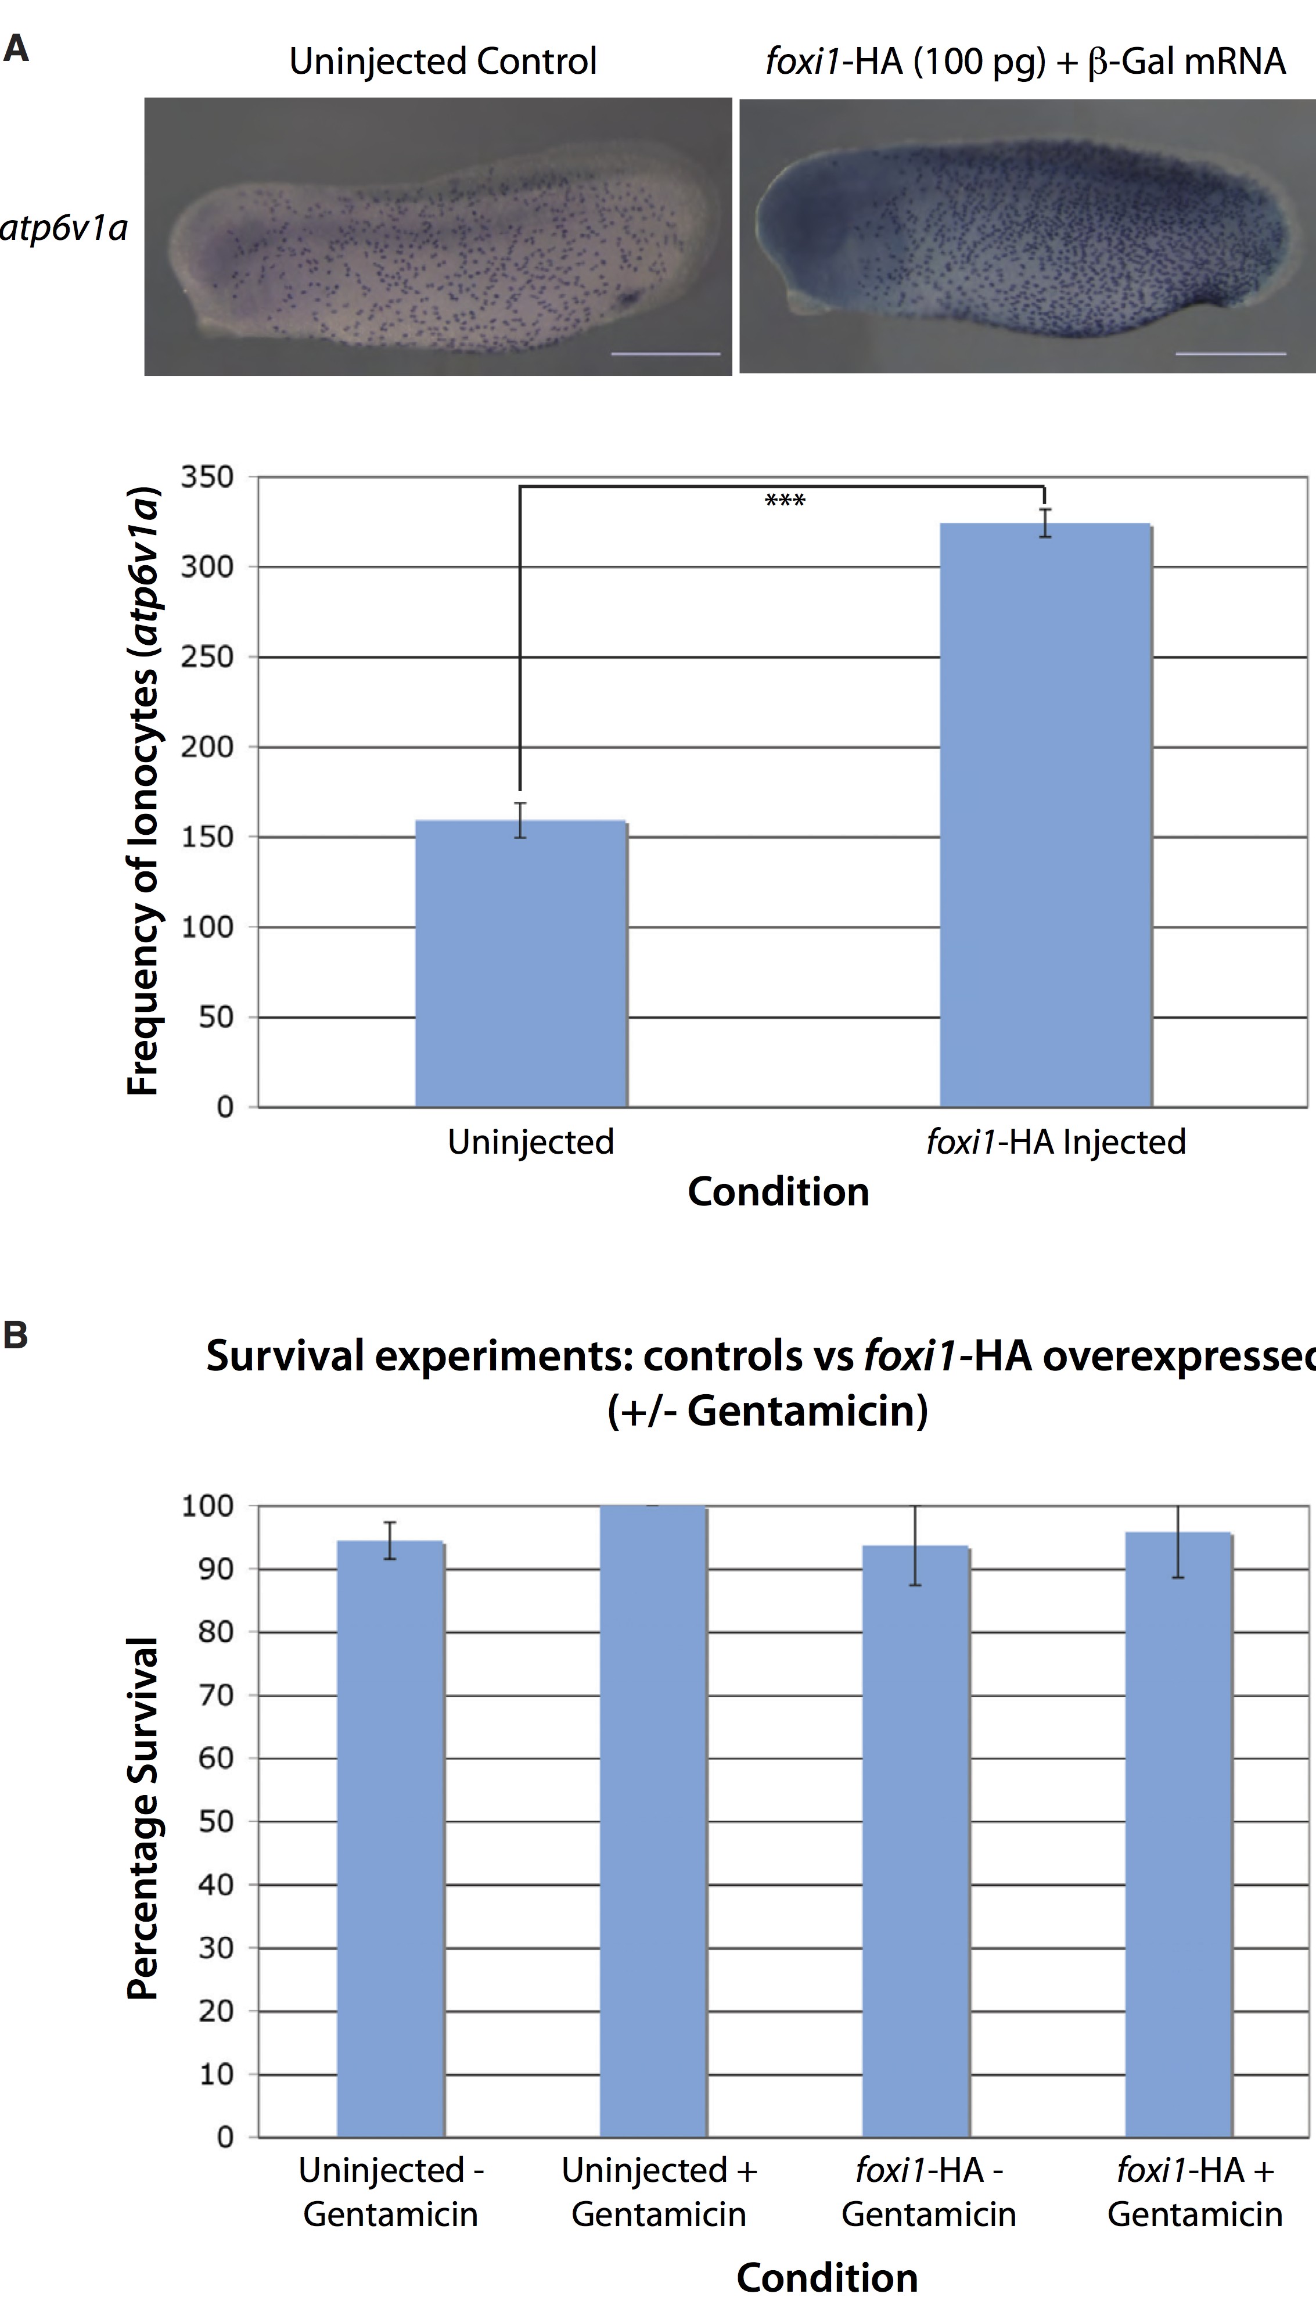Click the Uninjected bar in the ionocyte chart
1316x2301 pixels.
point(520,963)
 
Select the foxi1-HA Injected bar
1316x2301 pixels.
point(1045,814)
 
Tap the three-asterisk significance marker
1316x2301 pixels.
point(785,500)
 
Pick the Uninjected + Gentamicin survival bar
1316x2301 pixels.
point(653,1821)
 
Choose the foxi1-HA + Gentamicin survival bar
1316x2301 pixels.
point(1178,1835)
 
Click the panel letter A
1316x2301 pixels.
point(16,50)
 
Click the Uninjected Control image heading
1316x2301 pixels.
point(443,62)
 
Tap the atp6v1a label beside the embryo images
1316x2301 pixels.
point(63,228)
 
